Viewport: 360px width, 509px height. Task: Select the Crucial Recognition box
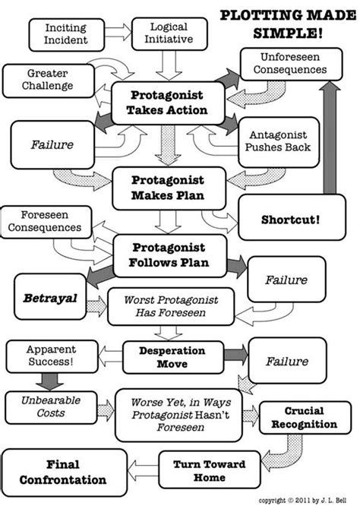(308, 417)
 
